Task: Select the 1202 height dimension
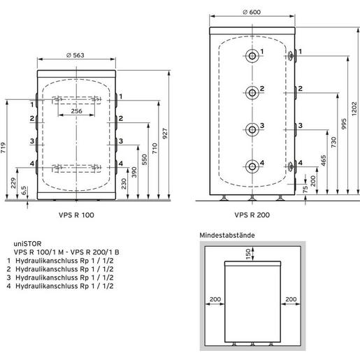click(x=354, y=108)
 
